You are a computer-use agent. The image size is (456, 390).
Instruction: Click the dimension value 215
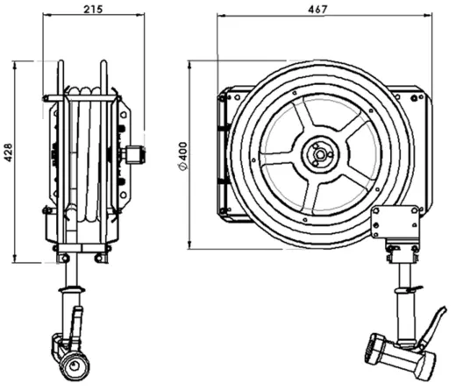(x=94, y=10)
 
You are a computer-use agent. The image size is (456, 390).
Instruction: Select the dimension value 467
(x=317, y=10)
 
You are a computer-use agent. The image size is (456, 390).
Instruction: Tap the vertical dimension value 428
(x=9, y=152)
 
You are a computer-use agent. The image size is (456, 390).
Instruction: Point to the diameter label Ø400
(x=183, y=156)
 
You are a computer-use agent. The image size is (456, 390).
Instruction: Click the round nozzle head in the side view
(x=75, y=365)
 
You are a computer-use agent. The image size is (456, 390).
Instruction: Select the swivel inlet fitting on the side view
(x=133, y=154)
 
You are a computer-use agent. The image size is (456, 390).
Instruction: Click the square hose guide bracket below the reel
(x=395, y=222)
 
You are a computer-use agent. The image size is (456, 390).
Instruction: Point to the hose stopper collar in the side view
(x=71, y=290)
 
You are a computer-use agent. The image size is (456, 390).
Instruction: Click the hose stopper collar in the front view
(x=406, y=290)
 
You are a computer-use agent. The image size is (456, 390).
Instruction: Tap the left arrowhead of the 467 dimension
(x=221, y=16)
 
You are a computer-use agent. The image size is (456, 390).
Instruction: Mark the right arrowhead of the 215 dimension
(x=141, y=15)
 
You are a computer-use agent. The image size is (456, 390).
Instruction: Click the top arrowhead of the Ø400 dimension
(x=189, y=65)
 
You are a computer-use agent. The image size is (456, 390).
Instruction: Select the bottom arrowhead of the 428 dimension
(x=15, y=259)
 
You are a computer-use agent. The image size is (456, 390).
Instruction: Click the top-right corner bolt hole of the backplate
(x=414, y=98)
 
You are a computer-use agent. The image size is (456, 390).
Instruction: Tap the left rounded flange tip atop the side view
(x=61, y=63)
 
